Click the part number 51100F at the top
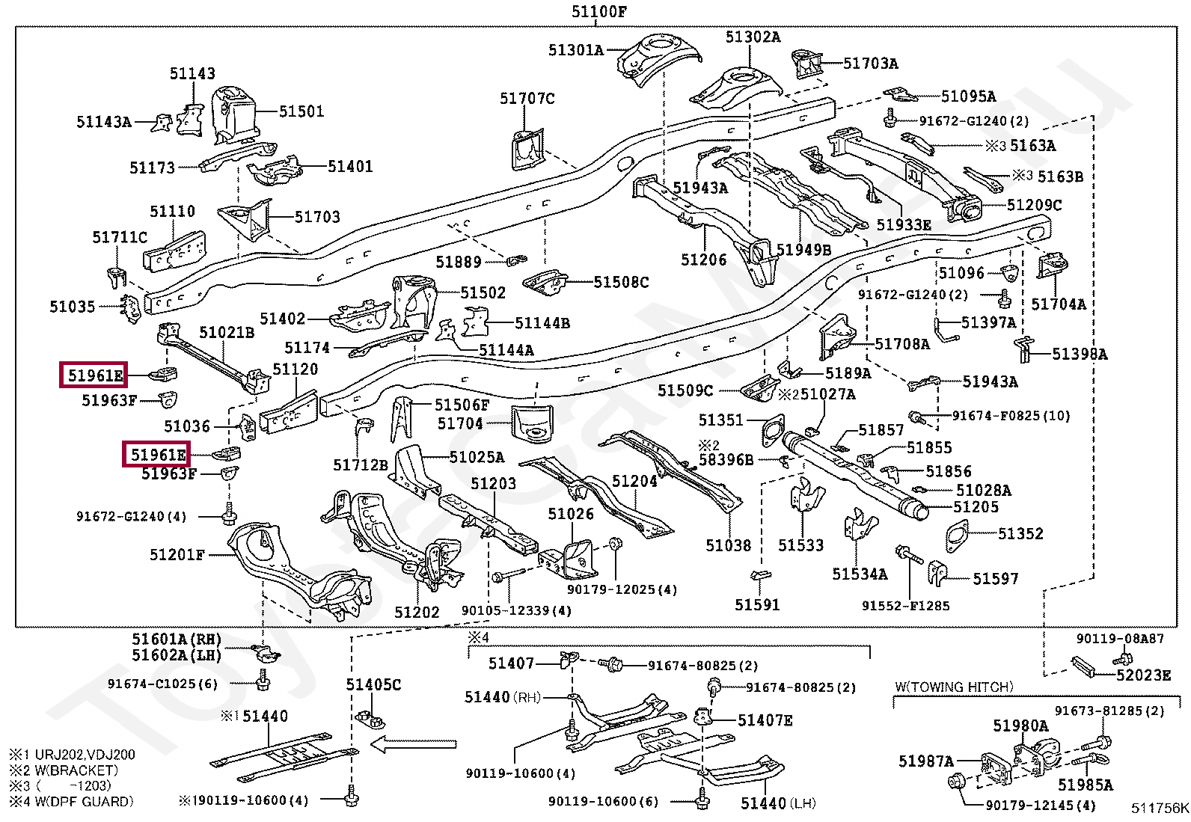click(598, 12)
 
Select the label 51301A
click(576, 50)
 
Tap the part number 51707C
click(527, 99)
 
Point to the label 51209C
click(1034, 205)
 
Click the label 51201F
click(177, 555)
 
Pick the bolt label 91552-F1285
click(905, 606)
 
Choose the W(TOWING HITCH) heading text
click(955, 687)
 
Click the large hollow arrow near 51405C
click(413, 744)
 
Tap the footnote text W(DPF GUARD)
click(84, 801)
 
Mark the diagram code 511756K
click(1160, 809)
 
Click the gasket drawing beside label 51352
click(957, 536)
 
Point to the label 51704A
click(1059, 304)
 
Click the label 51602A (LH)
click(177, 655)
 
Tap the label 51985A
click(1086, 785)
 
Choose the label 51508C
click(621, 282)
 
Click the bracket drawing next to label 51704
click(532, 422)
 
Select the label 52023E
click(1143, 675)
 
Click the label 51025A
click(477, 457)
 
